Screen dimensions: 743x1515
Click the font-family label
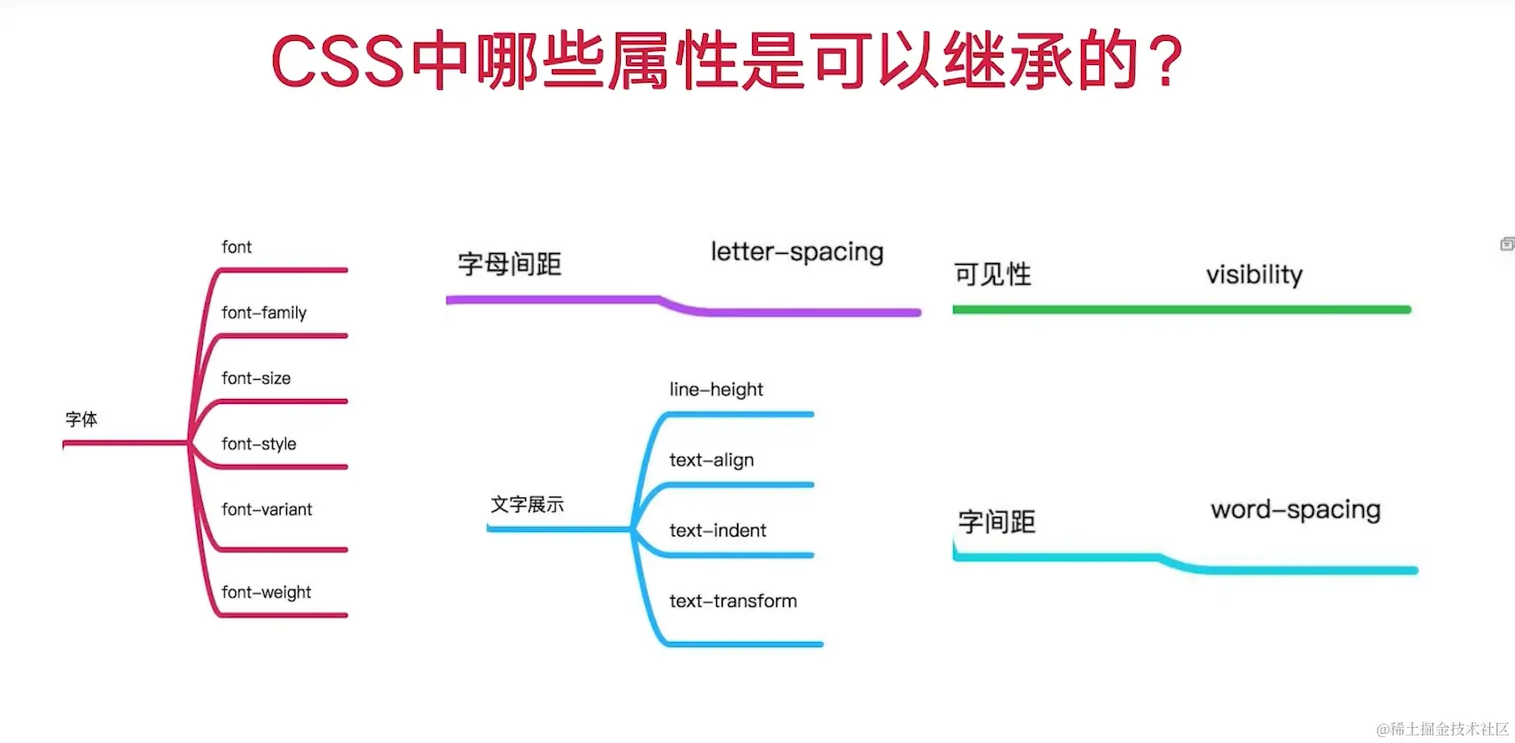click(264, 313)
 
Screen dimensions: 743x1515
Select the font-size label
click(256, 378)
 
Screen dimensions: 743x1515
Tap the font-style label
click(259, 444)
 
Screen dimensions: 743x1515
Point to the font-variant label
click(266, 509)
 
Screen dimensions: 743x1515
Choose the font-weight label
click(266, 593)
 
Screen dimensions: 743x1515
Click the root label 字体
click(81, 419)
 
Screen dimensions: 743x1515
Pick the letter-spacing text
click(796, 252)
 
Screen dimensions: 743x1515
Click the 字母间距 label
click(509, 265)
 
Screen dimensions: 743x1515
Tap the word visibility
click(1254, 275)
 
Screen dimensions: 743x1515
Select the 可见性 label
click(992, 275)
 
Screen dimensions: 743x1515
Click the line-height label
click(716, 390)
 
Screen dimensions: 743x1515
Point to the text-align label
click(711, 460)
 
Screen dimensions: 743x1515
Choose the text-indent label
click(717, 531)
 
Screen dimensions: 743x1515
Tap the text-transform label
click(733, 601)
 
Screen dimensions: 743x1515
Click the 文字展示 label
click(527, 504)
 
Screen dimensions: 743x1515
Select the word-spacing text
click(1295, 510)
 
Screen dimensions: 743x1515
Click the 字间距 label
click(997, 523)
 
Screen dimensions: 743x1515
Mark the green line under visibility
click(1181, 310)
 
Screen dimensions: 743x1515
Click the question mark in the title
click(1165, 60)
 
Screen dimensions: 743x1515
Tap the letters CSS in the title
click(338, 62)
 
